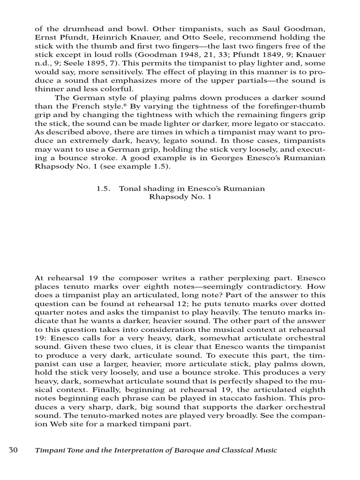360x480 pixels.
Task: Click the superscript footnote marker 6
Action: point(127,105)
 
